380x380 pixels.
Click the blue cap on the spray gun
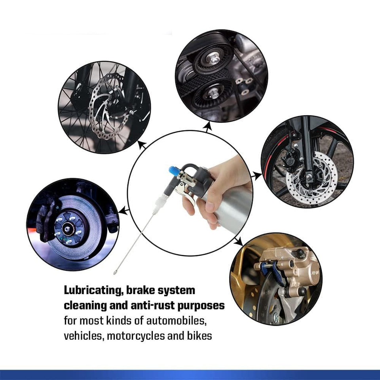pos(174,170)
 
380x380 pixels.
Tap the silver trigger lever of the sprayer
pos(186,192)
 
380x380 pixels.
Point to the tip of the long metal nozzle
pos(115,273)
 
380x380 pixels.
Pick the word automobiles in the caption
pos(177,321)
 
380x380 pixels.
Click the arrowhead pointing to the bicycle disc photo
pos(142,145)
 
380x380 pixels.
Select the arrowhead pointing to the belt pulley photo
pos(207,126)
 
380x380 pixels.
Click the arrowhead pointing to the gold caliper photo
pos(239,241)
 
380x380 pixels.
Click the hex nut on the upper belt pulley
pos(213,59)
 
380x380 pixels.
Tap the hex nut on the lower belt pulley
pos(213,93)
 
